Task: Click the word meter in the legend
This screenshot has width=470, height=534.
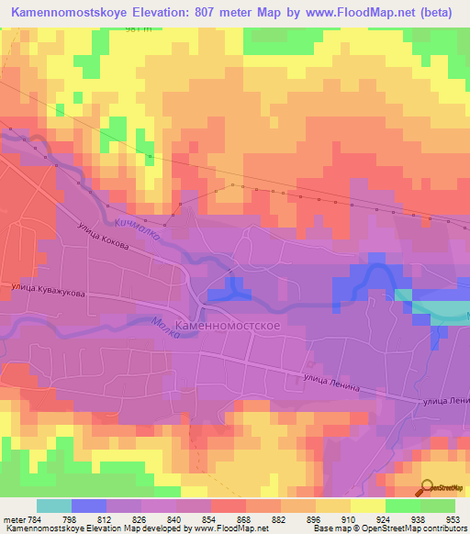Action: click(11, 520)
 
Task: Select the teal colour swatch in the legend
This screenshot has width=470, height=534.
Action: click(53, 506)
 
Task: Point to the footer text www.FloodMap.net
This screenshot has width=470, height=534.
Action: click(229, 529)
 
